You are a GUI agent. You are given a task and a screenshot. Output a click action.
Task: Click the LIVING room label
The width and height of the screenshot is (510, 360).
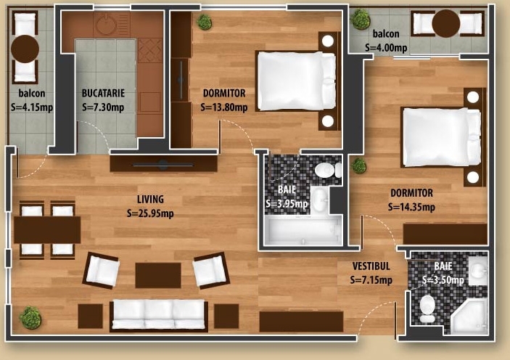[150, 199]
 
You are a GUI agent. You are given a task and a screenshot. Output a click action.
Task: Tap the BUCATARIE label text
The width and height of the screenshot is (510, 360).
[103, 93]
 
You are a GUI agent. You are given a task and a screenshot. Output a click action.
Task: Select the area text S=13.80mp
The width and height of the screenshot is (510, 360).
[224, 107]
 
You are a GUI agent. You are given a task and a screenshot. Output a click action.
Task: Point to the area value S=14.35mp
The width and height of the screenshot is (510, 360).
[411, 207]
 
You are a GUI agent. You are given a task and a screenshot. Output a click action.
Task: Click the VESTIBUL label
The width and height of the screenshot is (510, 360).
[371, 266]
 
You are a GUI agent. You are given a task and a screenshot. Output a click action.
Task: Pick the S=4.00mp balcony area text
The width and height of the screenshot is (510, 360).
[386, 48]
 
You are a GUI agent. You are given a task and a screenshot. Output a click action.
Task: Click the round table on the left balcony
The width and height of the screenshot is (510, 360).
[25, 49]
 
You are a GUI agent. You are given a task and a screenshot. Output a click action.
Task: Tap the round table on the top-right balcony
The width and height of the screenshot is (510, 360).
[446, 24]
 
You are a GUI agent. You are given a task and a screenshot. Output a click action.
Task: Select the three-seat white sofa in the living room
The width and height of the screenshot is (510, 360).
[159, 314]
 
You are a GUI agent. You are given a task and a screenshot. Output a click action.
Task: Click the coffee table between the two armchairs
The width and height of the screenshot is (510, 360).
[158, 275]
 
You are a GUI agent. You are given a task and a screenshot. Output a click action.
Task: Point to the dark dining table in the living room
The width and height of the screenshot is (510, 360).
[47, 230]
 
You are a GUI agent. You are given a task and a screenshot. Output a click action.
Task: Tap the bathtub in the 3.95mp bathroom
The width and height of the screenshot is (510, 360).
[303, 230]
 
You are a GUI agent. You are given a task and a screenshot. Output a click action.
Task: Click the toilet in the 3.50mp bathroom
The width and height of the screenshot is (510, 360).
[427, 309]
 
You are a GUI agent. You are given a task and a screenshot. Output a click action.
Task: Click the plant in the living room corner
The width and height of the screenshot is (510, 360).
[30, 318]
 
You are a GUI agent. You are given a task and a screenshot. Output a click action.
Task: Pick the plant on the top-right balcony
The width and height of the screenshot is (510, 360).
[360, 20]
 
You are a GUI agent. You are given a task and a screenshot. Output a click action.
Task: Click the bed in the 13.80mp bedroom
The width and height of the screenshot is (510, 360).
[297, 81]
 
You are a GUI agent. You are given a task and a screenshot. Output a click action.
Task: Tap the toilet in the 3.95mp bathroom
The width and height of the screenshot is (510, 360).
[328, 170]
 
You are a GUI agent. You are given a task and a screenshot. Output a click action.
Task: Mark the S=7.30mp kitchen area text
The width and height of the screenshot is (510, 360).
[103, 107]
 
